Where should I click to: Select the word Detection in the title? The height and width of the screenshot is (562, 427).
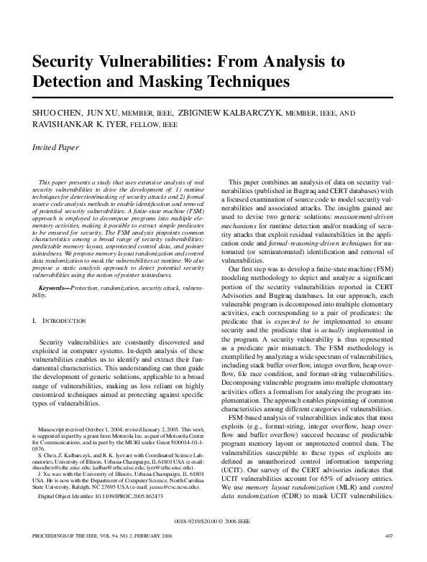71,81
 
